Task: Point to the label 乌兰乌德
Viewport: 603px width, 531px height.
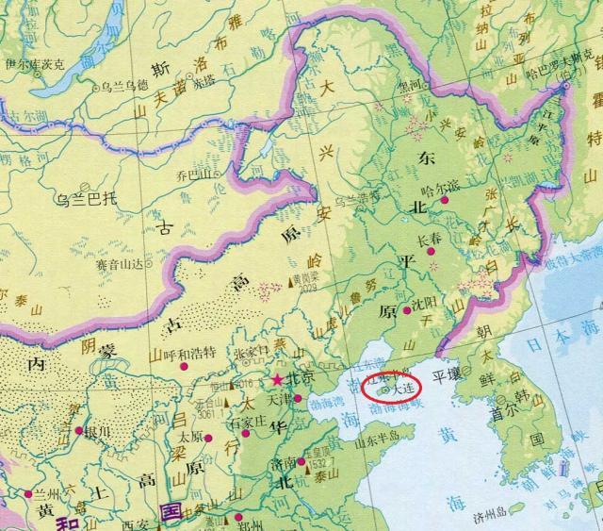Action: (126, 85)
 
